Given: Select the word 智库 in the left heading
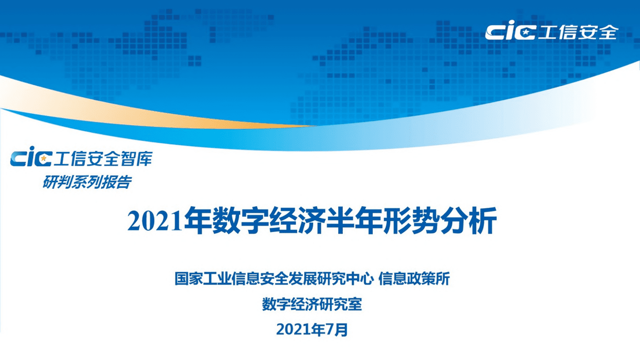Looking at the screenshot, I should tap(137, 159).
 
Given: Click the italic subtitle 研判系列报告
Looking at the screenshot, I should tap(87, 183).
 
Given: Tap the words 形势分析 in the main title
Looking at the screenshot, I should tap(440, 221).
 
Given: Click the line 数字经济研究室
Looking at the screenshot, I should tap(312, 304).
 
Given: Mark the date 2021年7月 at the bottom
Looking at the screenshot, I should tap(312, 329).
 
